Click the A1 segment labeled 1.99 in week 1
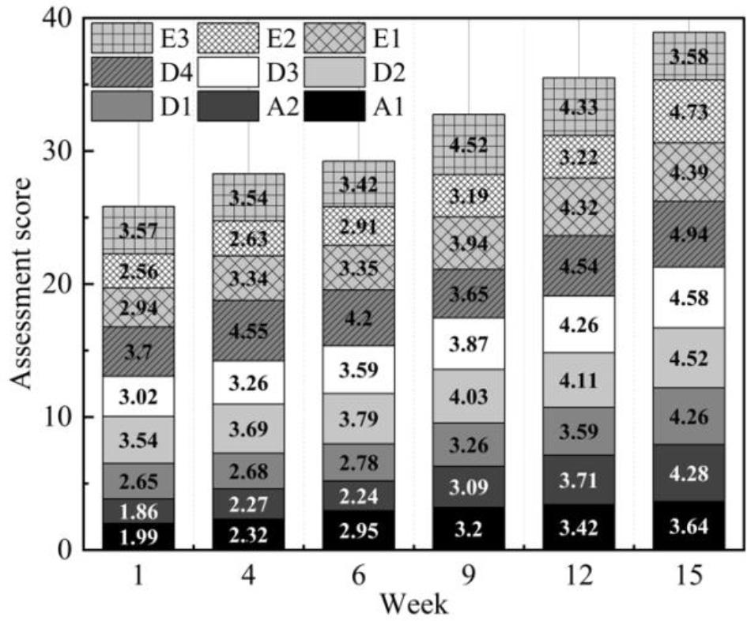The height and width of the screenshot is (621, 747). pyautogui.click(x=138, y=536)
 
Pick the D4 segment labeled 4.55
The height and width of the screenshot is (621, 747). pyautogui.click(x=248, y=330)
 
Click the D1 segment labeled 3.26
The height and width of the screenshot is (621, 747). pyautogui.click(x=468, y=444)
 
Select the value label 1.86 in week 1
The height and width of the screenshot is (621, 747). pyautogui.click(x=138, y=510)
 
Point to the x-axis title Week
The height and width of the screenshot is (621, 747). pyautogui.click(x=413, y=604)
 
